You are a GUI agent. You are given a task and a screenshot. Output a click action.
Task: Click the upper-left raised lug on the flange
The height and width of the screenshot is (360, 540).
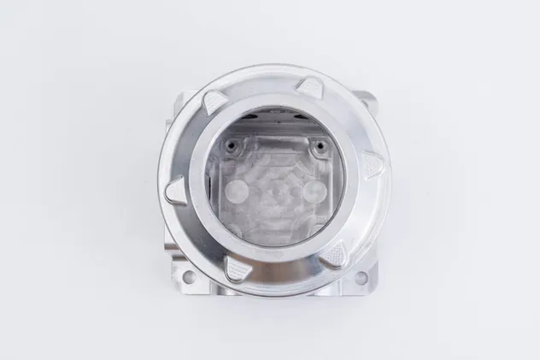[x=216, y=103]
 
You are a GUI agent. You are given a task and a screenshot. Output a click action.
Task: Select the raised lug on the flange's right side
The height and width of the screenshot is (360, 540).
[x=372, y=164]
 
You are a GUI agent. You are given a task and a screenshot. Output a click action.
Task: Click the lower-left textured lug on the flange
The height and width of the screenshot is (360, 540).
[x=237, y=270]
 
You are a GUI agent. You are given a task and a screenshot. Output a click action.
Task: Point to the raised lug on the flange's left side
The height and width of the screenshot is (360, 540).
[x=175, y=190]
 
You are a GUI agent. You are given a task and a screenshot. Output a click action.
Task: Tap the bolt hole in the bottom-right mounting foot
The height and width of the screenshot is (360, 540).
[x=361, y=277]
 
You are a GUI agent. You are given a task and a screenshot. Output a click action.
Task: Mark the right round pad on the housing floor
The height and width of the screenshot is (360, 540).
[x=313, y=189]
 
